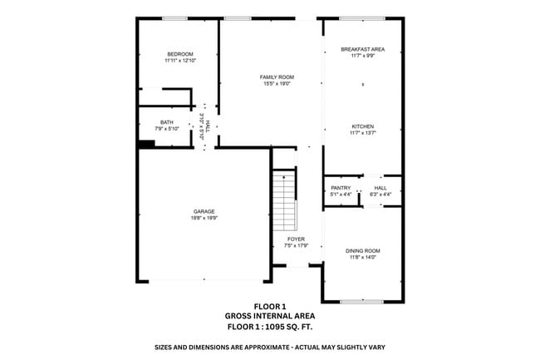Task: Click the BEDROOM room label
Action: coord(179,54)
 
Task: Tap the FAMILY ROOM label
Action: coord(278,76)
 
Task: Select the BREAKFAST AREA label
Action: coord(362,49)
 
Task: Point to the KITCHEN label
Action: coord(361,126)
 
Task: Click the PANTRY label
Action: coord(341,188)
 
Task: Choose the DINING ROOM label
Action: coord(362,250)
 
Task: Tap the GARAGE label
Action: coord(204,211)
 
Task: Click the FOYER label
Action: coord(296,239)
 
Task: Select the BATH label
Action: coord(167,122)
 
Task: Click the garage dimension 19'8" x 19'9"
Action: coord(204,218)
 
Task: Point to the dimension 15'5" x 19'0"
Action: coord(278,83)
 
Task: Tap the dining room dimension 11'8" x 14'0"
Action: coord(362,257)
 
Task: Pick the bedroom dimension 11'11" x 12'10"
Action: coord(179,61)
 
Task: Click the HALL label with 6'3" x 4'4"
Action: coord(380,188)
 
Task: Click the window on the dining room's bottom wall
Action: coord(363,300)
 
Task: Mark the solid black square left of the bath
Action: coord(146,144)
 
